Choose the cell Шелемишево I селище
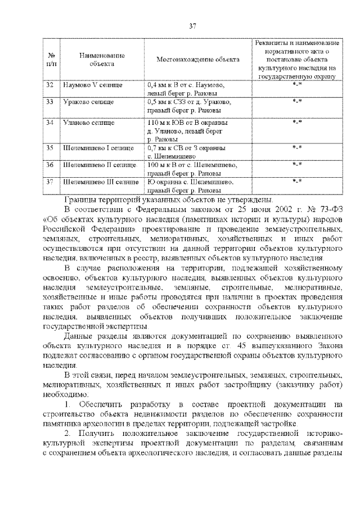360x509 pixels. coord(98,148)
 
